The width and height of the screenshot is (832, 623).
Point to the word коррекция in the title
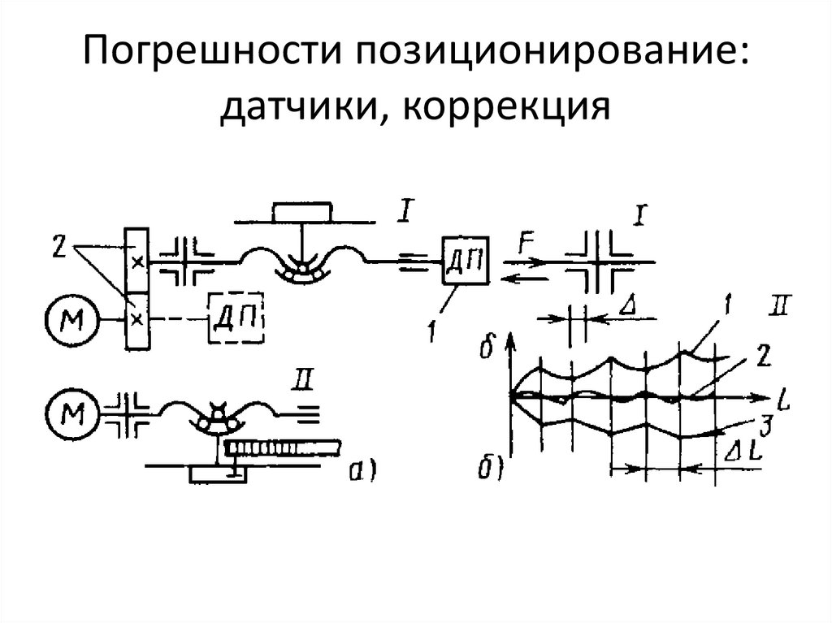506,106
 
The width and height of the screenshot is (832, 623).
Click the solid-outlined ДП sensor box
465,260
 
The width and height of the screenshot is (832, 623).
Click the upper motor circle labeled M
71,320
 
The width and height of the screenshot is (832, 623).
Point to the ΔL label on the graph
743,452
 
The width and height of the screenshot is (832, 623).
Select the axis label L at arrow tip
783,399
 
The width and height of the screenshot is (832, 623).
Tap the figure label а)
362,470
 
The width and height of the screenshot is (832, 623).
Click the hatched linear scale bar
283,448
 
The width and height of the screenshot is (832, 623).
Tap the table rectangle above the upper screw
302,212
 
